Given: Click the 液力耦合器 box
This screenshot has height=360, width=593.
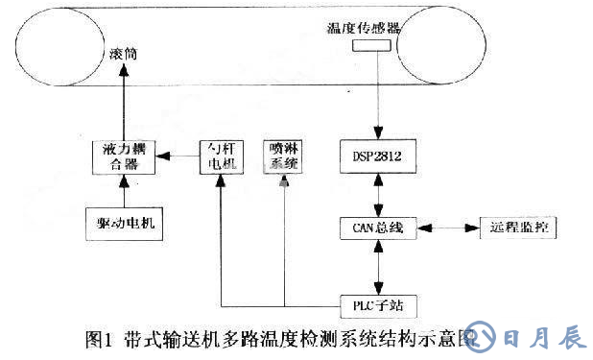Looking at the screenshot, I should (122, 156).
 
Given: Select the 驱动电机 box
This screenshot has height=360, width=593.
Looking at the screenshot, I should (125, 225).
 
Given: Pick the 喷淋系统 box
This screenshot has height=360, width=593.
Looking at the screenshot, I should (285, 156).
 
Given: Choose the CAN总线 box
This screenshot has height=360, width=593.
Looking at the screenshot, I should (380, 228).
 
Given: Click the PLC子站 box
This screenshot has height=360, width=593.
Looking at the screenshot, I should (380, 304).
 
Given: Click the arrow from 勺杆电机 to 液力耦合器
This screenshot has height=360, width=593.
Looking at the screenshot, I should (177, 156).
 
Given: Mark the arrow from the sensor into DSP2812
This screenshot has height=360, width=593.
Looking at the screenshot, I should (380, 96).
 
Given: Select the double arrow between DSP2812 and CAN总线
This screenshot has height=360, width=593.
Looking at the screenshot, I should (380, 193).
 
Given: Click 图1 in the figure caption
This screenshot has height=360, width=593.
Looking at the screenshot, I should (100, 338).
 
